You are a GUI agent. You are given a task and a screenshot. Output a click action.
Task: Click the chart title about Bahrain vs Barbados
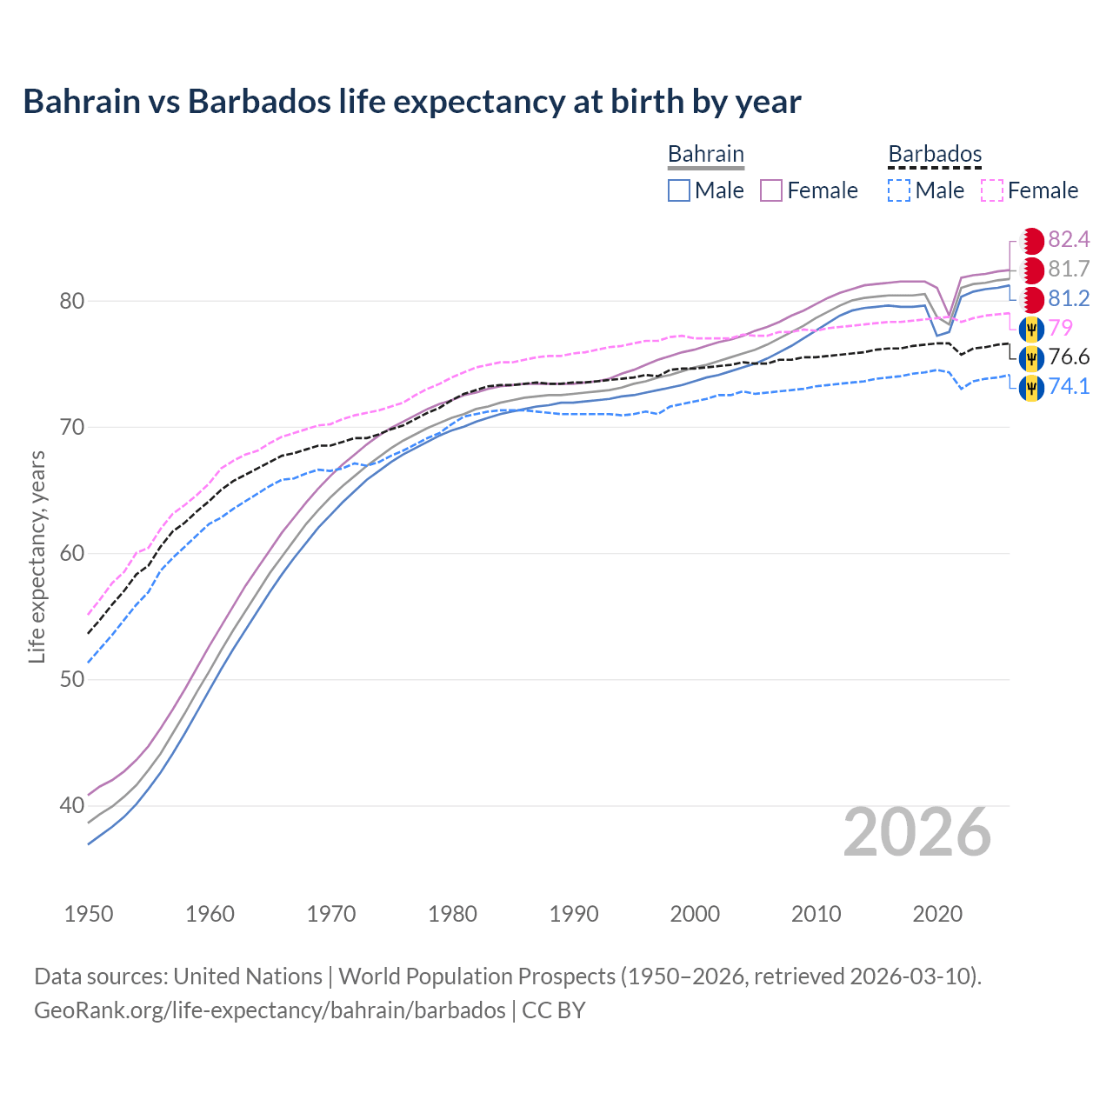[x=411, y=102]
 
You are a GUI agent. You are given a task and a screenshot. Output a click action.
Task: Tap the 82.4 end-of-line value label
[x=1069, y=239]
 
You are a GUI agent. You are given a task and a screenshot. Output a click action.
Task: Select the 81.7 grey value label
[x=1069, y=269]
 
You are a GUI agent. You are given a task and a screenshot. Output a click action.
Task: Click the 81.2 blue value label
[x=1069, y=298]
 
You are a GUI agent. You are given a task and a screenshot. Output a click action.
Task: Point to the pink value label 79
[x=1061, y=328]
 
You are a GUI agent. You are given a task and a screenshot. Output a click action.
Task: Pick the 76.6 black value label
[x=1069, y=357]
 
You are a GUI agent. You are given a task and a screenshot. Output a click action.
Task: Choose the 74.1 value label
[x=1069, y=386]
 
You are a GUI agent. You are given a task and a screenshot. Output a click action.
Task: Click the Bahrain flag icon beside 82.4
[x=1031, y=241]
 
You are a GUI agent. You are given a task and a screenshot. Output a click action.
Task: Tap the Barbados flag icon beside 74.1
[x=1031, y=387]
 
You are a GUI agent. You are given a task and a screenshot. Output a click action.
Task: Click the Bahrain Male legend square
[x=679, y=190]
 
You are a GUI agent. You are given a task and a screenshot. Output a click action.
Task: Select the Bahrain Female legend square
[x=771, y=190]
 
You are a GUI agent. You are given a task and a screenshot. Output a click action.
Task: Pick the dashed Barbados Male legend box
[x=899, y=190]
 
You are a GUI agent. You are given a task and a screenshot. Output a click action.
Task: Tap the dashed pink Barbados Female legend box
[x=992, y=190]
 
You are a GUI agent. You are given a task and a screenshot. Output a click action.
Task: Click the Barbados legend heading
[x=935, y=154]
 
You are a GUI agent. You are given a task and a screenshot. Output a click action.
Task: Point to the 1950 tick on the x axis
[x=89, y=914]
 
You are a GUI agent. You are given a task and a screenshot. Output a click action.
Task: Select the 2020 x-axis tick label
[x=937, y=914]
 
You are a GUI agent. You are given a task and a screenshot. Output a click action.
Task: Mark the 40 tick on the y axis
[x=71, y=805]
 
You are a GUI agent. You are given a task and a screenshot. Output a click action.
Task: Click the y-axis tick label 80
[x=71, y=301]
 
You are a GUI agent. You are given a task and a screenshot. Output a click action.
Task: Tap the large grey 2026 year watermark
[x=916, y=832]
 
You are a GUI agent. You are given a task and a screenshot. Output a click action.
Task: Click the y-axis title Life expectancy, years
[x=37, y=556]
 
